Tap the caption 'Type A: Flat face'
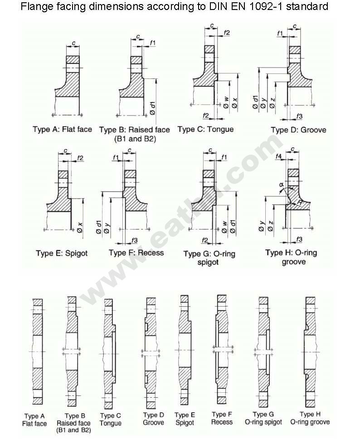62,129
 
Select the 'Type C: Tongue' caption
205,129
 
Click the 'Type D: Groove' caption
298,130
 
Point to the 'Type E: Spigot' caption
62,254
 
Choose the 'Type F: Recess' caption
136,253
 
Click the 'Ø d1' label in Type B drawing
152,107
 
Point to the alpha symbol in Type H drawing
282,185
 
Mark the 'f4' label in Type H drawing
278,156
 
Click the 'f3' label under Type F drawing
134,240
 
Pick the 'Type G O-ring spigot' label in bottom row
263,418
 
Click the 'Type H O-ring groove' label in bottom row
310,418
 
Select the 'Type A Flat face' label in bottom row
34,419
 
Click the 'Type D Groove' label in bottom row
153,419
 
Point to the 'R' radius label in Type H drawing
300,202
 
